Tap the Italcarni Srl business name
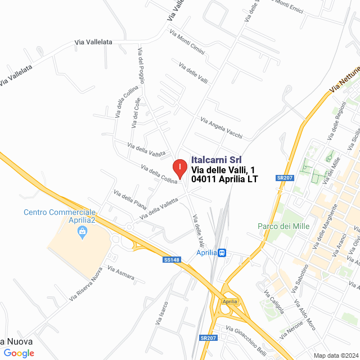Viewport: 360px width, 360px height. coord(216,160)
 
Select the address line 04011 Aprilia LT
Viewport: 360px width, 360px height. coord(224,180)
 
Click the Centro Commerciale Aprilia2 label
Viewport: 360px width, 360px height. coord(60,217)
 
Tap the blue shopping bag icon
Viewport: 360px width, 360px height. coord(83,231)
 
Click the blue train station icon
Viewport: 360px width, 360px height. coord(223,253)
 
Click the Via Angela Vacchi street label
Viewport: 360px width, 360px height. coord(222,128)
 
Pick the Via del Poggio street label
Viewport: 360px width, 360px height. coord(141,65)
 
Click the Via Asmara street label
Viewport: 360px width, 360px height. coord(121,273)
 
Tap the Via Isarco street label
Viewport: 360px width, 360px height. coord(162,313)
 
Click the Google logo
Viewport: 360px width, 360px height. coord(19,353)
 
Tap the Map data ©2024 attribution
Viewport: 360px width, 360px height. coord(335,355)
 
